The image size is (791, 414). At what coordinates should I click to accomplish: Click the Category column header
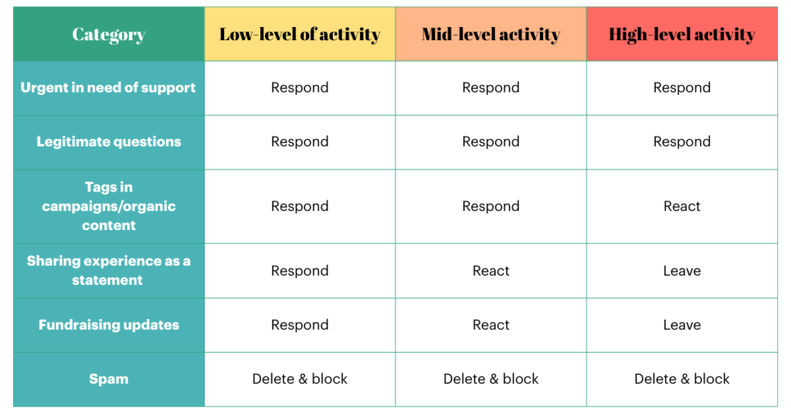(x=108, y=34)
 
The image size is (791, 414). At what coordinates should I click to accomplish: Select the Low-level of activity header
(x=300, y=34)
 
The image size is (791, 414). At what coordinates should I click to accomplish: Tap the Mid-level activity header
(x=491, y=34)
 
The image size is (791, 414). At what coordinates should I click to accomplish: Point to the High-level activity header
(x=682, y=34)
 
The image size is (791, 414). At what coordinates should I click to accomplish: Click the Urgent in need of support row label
(x=108, y=88)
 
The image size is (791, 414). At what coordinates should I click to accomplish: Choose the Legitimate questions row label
(x=108, y=141)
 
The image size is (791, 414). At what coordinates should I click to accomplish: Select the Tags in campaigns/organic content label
(x=108, y=206)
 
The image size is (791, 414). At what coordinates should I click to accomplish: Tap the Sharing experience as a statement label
(x=108, y=270)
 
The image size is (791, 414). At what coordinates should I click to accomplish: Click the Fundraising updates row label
(x=108, y=324)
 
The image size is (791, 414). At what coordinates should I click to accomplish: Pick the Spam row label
(x=108, y=378)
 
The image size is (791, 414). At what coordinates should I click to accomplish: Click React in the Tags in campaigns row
(x=682, y=206)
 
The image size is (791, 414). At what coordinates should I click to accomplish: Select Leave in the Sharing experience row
(x=682, y=271)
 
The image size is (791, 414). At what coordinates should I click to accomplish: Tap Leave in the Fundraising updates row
(x=682, y=324)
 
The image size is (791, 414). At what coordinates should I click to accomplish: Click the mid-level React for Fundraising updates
(x=491, y=324)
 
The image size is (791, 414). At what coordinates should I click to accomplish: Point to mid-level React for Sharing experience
(x=491, y=271)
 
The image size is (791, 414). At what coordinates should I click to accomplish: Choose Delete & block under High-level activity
(x=682, y=378)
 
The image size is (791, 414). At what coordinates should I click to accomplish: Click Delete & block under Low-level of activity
(x=300, y=378)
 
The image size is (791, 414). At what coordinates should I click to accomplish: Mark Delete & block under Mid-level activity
(x=491, y=378)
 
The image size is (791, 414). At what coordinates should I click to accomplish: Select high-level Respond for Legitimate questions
(x=682, y=141)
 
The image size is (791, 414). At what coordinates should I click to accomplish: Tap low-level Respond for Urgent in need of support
(x=300, y=88)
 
